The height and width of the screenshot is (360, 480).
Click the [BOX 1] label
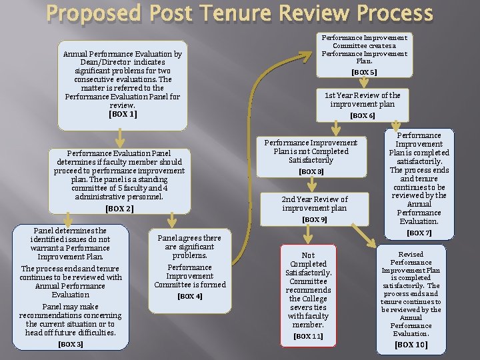(123, 114)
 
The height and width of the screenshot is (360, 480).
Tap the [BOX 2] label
(119, 209)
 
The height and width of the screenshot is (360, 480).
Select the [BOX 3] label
(71, 344)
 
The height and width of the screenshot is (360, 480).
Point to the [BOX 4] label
(190, 296)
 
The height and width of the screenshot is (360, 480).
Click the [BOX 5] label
(364, 72)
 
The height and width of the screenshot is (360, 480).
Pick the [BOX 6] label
(362, 115)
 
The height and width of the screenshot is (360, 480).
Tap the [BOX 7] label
(419, 233)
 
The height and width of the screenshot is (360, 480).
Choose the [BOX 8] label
(311, 171)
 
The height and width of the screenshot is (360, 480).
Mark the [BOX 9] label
(315, 219)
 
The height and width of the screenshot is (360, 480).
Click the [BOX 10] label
(411, 345)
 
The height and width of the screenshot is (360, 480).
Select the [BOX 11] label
(308, 336)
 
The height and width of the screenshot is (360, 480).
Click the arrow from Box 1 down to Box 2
(119, 139)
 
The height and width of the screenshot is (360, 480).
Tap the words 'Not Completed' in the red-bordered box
(308, 260)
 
